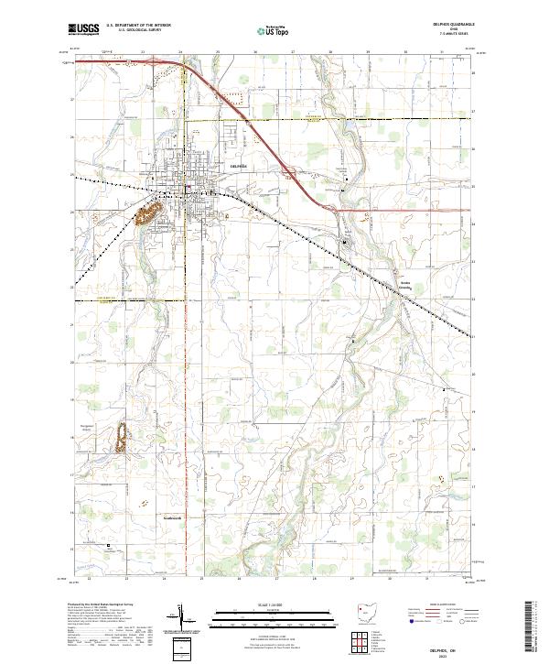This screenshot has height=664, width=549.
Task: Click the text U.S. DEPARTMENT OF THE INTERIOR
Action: click(138, 25)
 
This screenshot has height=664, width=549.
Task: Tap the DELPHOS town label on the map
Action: click(239, 166)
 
